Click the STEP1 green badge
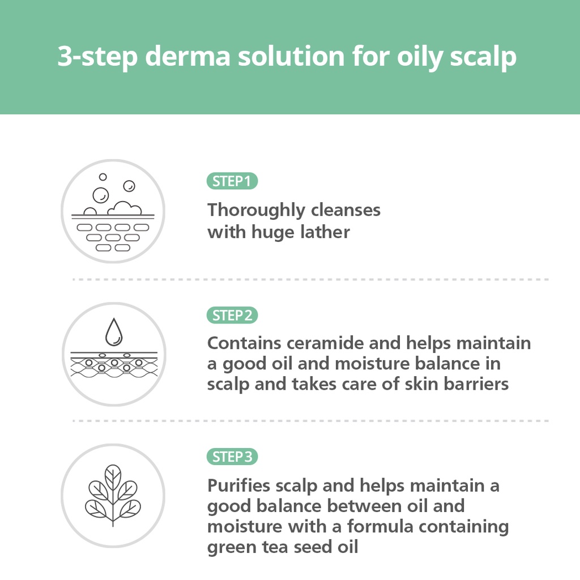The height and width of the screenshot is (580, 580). (232, 181)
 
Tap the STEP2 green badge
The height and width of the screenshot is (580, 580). (232, 315)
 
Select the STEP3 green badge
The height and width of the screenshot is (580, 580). (232, 457)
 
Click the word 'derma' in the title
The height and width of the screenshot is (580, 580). (188, 56)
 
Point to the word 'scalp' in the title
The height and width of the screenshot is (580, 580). (483, 57)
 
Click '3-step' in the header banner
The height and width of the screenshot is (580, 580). (97, 57)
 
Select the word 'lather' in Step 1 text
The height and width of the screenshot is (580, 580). (325, 232)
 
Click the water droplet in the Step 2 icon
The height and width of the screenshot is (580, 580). (113, 332)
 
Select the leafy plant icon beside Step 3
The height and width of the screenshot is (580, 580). (113, 495)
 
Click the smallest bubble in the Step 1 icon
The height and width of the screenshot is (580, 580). (103, 177)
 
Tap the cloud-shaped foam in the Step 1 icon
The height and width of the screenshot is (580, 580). (125, 208)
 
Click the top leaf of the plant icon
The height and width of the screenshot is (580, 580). (113, 477)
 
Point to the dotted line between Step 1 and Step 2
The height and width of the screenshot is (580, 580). (311, 279)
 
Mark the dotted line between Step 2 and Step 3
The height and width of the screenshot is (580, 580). (311, 421)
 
